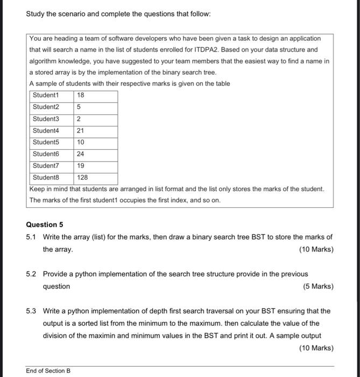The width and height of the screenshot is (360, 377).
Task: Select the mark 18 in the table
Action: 81,95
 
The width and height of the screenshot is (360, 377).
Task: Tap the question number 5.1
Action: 32,237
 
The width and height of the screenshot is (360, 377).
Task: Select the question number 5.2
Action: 32,274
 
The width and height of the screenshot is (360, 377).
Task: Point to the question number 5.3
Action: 32,311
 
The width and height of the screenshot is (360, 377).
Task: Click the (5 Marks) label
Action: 318,287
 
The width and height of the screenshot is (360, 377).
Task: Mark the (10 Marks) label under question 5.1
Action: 316,249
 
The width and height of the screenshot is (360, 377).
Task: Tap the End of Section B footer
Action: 48,371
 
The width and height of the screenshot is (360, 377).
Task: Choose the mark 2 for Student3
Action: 79,119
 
